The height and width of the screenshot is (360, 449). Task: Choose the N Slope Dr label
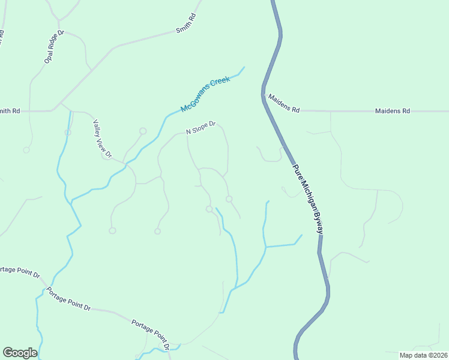(x=200, y=130)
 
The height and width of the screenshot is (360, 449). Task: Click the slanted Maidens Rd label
(x=283, y=103)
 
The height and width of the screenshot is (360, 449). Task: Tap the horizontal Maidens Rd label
(x=392, y=111)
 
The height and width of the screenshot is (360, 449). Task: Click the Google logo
(x=20, y=352)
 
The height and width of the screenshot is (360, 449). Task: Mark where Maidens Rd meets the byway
(x=264, y=95)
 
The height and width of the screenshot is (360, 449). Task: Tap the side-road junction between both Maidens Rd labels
(x=330, y=111)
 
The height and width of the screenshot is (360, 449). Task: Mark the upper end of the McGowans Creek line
(x=244, y=67)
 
